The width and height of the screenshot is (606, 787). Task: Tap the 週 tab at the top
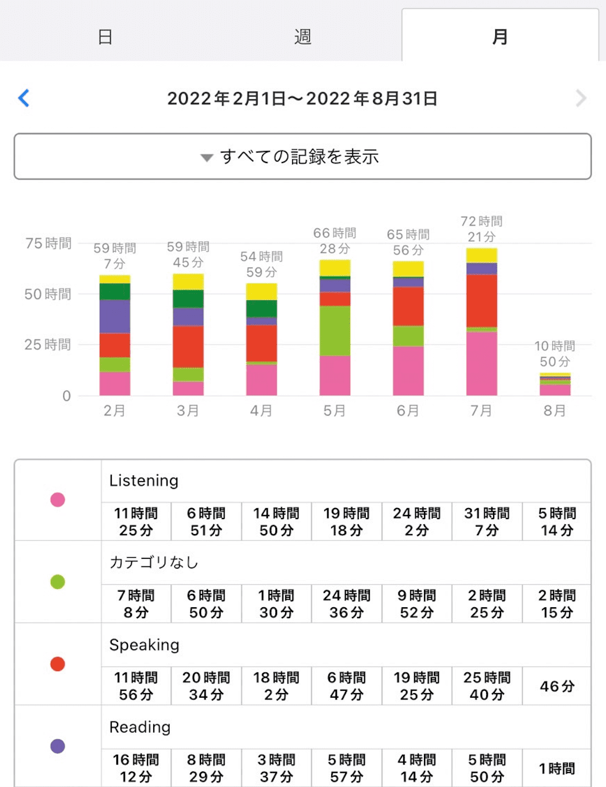pyautogui.click(x=302, y=37)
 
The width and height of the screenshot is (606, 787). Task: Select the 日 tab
pyautogui.click(x=105, y=37)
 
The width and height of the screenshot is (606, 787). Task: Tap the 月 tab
pyautogui.click(x=500, y=37)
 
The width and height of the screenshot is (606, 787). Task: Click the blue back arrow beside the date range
pyautogui.click(x=24, y=98)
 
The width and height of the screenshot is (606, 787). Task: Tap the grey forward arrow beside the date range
pyautogui.click(x=581, y=99)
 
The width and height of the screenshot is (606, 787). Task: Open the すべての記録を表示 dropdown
pyautogui.click(x=302, y=157)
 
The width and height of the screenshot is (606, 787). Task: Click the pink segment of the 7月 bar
pyautogui.click(x=482, y=364)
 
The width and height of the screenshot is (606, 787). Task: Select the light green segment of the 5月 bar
pyautogui.click(x=335, y=331)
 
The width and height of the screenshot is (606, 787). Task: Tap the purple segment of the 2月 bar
pyautogui.click(x=115, y=316)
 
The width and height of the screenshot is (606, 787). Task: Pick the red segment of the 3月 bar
pyautogui.click(x=188, y=346)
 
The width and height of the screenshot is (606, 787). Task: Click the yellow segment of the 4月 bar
pyautogui.click(x=262, y=292)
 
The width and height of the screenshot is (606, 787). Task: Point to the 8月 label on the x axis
pyautogui.click(x=555, y=411)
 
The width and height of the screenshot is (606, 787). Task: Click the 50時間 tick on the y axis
pyautogui.click(x=48, y=294)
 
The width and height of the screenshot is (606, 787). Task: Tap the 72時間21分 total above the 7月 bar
pyautogui.click(x=482, y=229)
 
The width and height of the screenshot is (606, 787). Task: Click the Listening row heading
pyautogui.click(x=144, y=480)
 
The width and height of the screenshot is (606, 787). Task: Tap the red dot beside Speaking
pyautogui.click(x=58, y=664)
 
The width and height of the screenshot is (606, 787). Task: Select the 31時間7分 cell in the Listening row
pyautogui.click(x=487, y=521)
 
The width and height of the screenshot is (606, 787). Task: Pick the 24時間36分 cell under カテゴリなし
pyautogui.click(x=346, y=604)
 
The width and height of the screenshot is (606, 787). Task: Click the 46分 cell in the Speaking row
pyautogui.click(x=557, y=686)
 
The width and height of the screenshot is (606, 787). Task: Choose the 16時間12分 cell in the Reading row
pyautogui.click(x=136, y=768)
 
